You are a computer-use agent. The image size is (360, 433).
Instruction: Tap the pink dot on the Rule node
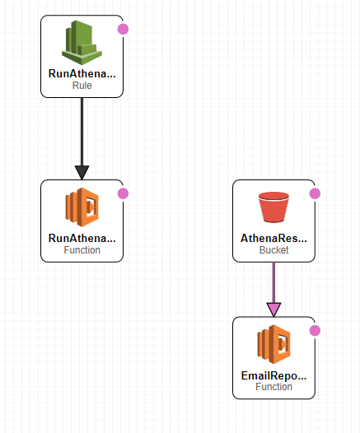123,29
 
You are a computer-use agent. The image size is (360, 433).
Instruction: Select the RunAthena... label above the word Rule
82,74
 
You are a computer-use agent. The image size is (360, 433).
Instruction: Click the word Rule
82,86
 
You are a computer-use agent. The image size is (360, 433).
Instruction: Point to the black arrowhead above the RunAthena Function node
82,172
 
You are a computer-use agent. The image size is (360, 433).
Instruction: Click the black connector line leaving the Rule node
82,132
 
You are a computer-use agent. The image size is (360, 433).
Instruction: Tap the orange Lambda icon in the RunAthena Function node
82,207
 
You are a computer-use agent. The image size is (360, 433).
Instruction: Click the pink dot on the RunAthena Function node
123,193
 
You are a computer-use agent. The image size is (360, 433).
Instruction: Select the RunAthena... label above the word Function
82,239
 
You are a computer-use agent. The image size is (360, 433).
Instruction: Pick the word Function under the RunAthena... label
82,250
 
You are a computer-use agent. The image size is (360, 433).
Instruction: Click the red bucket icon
274,207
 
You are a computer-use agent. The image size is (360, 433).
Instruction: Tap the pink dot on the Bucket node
315,193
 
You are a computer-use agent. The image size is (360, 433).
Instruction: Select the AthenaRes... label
274,239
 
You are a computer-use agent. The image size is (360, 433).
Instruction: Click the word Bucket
274,250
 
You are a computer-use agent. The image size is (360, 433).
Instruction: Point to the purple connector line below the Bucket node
274,282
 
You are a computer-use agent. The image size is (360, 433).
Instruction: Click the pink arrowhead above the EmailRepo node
274,310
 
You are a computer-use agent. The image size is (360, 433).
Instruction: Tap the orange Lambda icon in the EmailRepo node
274,344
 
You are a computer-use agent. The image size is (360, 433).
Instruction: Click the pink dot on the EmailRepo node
315,331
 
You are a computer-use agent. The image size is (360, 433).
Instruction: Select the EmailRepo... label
274,375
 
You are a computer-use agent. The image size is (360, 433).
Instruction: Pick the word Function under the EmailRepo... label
274,387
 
